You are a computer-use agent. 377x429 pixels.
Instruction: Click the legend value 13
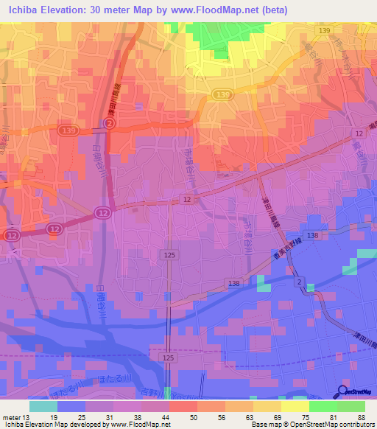pyautogui.click(x=27, y=417)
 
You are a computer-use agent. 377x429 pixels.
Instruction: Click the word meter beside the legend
pyautogui.click(x=13, y=417)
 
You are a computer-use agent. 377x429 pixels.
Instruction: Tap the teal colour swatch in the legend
pyautogui.click(x=43, y=406)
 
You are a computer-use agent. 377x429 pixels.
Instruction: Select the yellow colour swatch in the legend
pyautogui.click(x=295, y=406)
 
